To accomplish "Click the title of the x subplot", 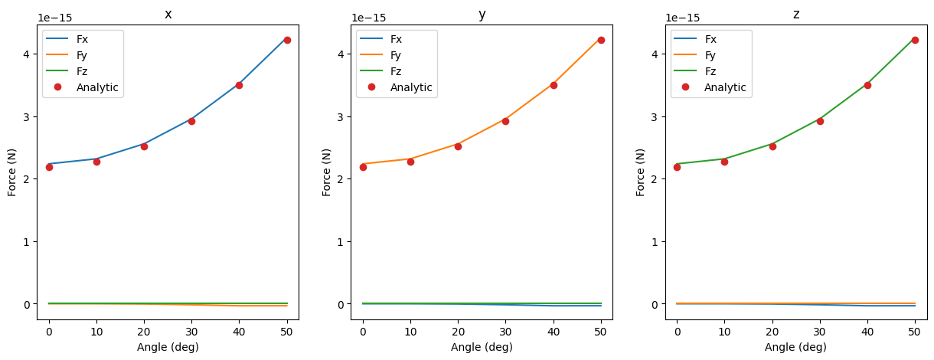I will pyautogui.click(x=168, y=14).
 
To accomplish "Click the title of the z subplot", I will pyautogui.click(x=795, y=14).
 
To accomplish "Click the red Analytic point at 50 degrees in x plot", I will pyautogui.click(x=287, y=40).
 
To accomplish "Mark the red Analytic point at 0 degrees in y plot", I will pyautogui.click(x=363, y=167).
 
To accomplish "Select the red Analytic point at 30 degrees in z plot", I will pyautogui.click(x=820, y=121).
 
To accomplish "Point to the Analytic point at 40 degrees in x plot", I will pyautogui.click(x=239, y=85).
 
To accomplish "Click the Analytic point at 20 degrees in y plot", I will pyautogui.click(x=458, y=146).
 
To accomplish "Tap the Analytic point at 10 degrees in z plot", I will pyautogui.click(x=724, y=162).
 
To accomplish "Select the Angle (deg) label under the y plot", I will pyautogui.click(x=482, y=347).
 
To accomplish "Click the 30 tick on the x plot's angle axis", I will pyautogui.click(x=191, y=332).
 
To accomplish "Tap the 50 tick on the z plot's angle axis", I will pyautogui.click(x=915, y=332).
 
